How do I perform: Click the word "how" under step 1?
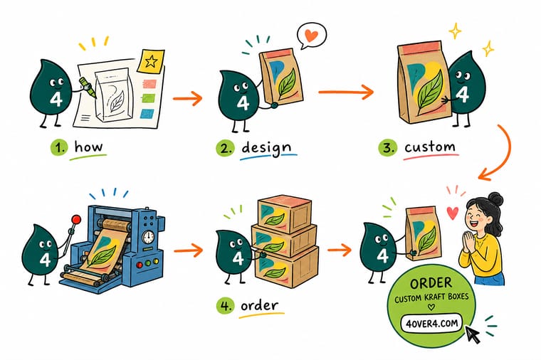click(89, 147)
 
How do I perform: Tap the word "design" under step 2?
click(266, 148)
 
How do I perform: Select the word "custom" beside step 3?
click(430, 147)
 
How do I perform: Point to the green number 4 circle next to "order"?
click(226, 306)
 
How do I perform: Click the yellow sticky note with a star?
click(151, 61)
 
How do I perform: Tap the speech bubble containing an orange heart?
click(312, 36)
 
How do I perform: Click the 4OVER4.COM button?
click(431, 324)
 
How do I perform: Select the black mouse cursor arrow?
click(473, 334)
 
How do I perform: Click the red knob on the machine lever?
click(76, 219)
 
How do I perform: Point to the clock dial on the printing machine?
click(148, 237)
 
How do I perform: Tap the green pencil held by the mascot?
click(88, 87)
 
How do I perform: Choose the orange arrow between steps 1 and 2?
click(187, 98)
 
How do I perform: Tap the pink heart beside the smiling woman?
click(453, 213)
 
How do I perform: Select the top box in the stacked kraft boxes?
click(283, 215)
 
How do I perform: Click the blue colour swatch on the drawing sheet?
click(147, 114)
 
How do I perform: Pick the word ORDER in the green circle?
click(431, 283)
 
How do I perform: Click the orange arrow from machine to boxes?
click(189, 250)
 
